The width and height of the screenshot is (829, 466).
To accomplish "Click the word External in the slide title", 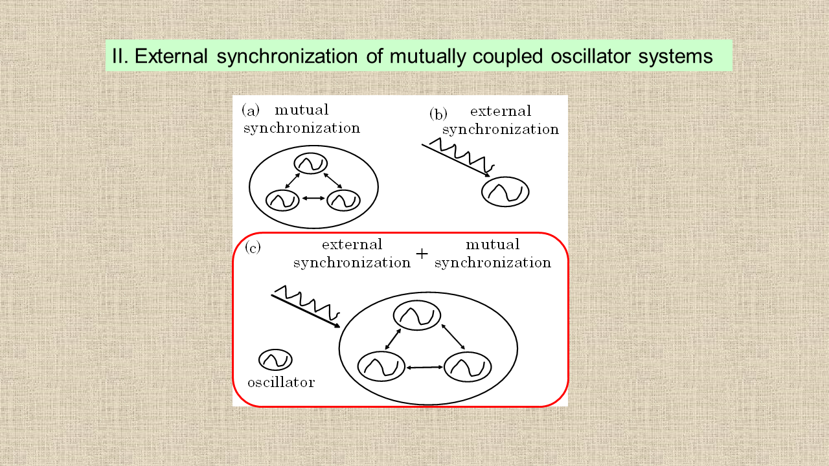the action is (x=170, y=56).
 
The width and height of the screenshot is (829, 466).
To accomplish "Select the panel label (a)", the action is (x=251, y=111).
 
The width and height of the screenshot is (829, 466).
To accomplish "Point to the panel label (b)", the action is (x=438, y=115).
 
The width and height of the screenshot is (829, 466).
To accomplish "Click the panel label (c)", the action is (x=253, y=248).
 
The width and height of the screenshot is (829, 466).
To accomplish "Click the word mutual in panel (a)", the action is (x=302, y=110).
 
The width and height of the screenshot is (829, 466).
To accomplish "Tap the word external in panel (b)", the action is (x=501, y=111).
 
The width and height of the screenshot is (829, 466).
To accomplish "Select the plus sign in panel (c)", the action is (x=422, y=254).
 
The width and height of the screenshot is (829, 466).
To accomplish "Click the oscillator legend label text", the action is (x=281, y=383).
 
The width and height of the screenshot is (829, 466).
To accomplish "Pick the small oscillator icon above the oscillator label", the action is (x=275, y=359).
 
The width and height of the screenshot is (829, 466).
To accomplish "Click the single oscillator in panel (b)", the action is (x=505, y=192).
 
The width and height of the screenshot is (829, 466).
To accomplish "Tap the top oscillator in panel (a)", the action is (x=311, y=163).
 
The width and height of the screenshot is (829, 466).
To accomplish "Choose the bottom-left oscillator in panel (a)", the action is (x=282, y=201).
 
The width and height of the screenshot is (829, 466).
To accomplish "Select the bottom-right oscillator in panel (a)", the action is (x=343, y=201).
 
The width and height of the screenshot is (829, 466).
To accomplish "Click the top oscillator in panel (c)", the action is (x=417, y=315).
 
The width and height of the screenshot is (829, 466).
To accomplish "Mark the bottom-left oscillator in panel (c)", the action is (x=381, y=366).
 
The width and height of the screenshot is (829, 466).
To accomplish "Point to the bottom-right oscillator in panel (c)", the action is (x=468, y=367).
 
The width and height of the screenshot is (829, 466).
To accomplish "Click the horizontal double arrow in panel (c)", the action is (x=424, y=367).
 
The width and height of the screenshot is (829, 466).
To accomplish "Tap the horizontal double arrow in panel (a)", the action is (x=313, y=199).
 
